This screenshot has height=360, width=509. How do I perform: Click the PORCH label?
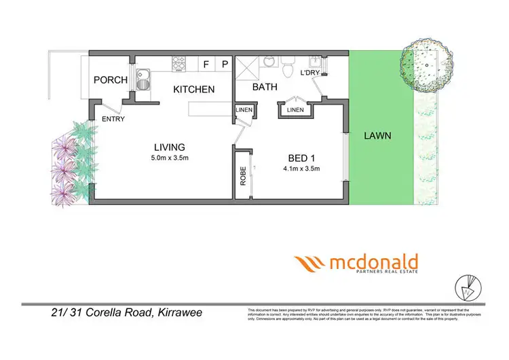click(110, 79)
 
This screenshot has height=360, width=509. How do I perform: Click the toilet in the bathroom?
click(288, 69)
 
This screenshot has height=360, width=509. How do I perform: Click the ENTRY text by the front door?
click(113, 119)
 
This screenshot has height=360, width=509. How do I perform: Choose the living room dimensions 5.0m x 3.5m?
click(169, 158)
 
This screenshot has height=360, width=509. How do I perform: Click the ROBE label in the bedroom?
click(242, 177)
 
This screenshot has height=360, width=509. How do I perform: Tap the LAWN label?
click(377, 134)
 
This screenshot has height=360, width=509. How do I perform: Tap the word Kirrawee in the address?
click(177, 313)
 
